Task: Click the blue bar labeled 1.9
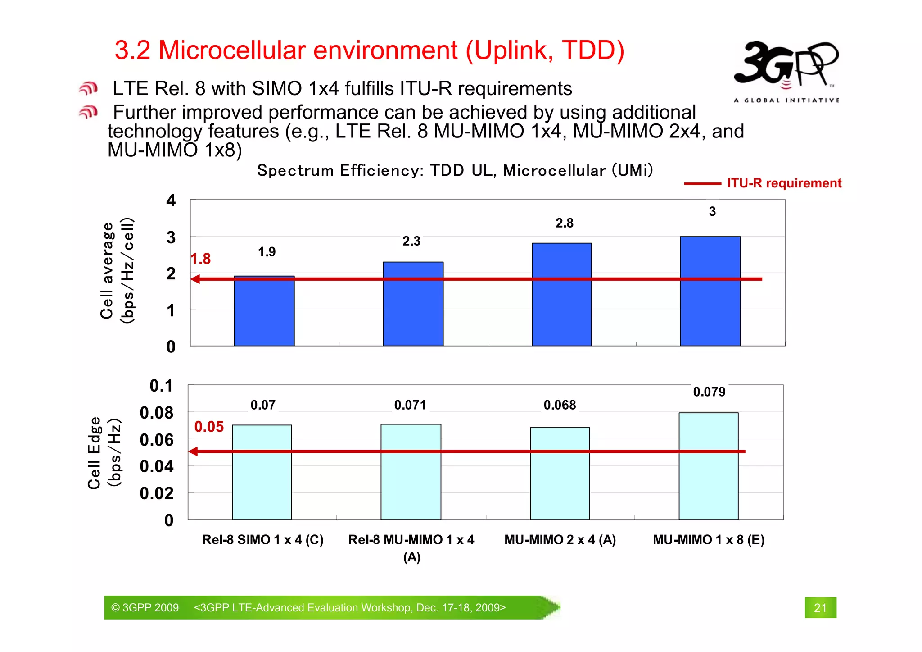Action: click(x=264, y=311)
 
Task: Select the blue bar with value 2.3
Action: click(x=413, y=304)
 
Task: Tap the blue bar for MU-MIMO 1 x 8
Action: click(x=710, y=291)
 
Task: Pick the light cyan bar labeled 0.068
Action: click(x=560, y=473)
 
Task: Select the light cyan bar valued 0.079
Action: click(x=708, y=466)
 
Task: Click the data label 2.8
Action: click(x=564, y=223)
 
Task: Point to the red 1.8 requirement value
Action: click(x=201, y=259)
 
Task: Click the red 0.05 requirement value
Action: click(x=209, y=427)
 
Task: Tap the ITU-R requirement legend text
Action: click(x=784, y=183)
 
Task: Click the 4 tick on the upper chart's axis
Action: click(x=171, y=201)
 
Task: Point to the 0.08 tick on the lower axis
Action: click(x=156, y=413)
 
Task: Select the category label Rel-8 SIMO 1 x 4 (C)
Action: click(x=263, y=539)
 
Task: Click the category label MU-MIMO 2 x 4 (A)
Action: click(x=560, y=539)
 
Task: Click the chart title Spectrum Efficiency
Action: click(x=455, y=170)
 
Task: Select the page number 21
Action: click(x=820, y=608)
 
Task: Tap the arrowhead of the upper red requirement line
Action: click(x=195, y=279)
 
